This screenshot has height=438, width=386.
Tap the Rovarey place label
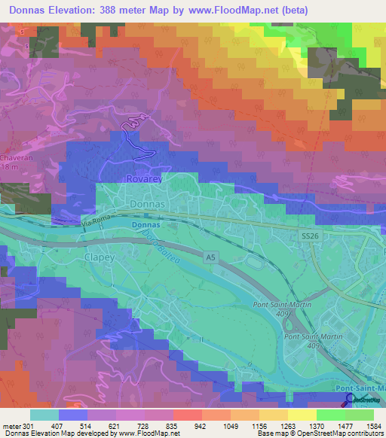point(143,180)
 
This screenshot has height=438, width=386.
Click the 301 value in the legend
point(27,425)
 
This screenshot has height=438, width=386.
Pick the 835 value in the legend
point(173,425)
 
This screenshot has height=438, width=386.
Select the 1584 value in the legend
point(373,425)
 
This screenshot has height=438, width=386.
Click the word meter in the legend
point(10,425)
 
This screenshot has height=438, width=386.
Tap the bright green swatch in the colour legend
point(330,415)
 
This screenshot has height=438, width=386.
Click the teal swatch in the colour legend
point(44,415)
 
